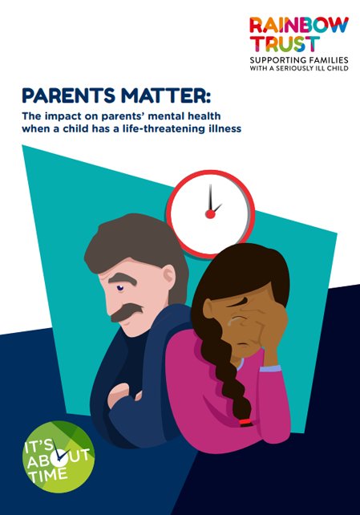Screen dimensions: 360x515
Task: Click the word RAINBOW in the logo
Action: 299,26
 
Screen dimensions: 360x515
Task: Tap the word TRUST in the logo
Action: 285,44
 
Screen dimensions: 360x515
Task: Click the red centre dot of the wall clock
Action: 210,214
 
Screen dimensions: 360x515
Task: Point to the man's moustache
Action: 127,312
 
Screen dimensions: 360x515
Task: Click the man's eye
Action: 119,288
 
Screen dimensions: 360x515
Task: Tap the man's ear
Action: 168,275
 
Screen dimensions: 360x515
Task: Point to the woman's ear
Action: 209,309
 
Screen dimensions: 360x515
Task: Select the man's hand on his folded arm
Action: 119,394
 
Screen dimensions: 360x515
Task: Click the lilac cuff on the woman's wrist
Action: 270,368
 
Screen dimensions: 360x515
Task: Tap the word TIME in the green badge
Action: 48,475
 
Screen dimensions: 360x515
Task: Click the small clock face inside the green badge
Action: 60,456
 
